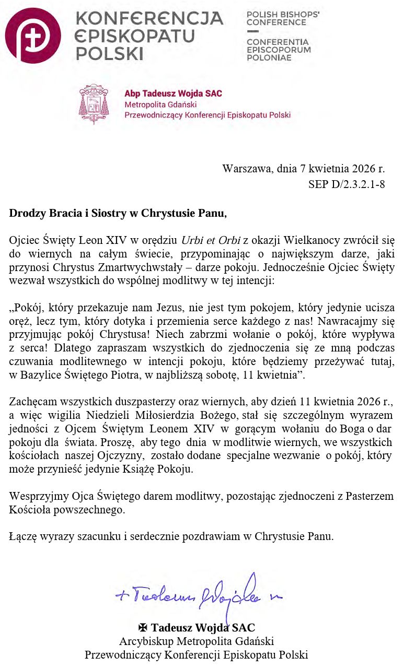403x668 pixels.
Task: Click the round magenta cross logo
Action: pos(32,36)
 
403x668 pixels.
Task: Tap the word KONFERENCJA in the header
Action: pos(149,19)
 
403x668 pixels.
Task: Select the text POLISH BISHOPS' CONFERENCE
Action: pos(283,18)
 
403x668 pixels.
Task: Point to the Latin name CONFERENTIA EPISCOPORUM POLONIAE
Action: pos(278,50)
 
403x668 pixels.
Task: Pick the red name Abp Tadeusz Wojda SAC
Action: pos(173,93)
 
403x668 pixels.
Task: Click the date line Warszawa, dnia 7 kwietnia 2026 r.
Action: pos(303,169)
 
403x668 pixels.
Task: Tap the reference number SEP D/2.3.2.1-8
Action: pos(347,184)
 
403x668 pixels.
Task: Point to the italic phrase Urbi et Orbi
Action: pos(211,241)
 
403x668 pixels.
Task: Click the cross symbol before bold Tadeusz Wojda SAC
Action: pos(143,627)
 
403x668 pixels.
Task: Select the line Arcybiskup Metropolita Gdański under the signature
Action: pos(197,641)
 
